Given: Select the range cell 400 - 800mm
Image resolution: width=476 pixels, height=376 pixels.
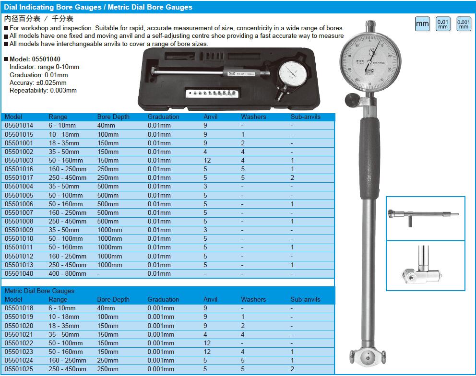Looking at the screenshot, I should point(68,273).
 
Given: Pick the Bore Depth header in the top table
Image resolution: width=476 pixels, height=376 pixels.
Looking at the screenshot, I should point(113,117).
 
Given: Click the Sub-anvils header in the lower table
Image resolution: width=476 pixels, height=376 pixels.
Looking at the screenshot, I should point(305,299).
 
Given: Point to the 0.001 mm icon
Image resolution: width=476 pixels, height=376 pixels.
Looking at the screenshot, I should point(464,24).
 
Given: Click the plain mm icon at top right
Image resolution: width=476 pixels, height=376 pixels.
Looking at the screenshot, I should point(422,24).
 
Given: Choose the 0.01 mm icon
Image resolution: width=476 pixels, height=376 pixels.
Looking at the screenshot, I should point(443,24).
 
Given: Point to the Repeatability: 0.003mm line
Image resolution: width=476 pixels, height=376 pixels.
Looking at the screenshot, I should point(43,90).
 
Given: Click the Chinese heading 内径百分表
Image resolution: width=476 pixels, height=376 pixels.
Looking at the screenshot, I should point(22,19).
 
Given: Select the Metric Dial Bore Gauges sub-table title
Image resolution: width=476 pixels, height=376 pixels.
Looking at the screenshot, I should point(39,291).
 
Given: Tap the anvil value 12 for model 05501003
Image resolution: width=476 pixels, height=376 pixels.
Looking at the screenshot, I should point(207,160).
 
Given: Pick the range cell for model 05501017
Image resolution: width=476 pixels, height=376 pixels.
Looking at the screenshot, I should point(68,177).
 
